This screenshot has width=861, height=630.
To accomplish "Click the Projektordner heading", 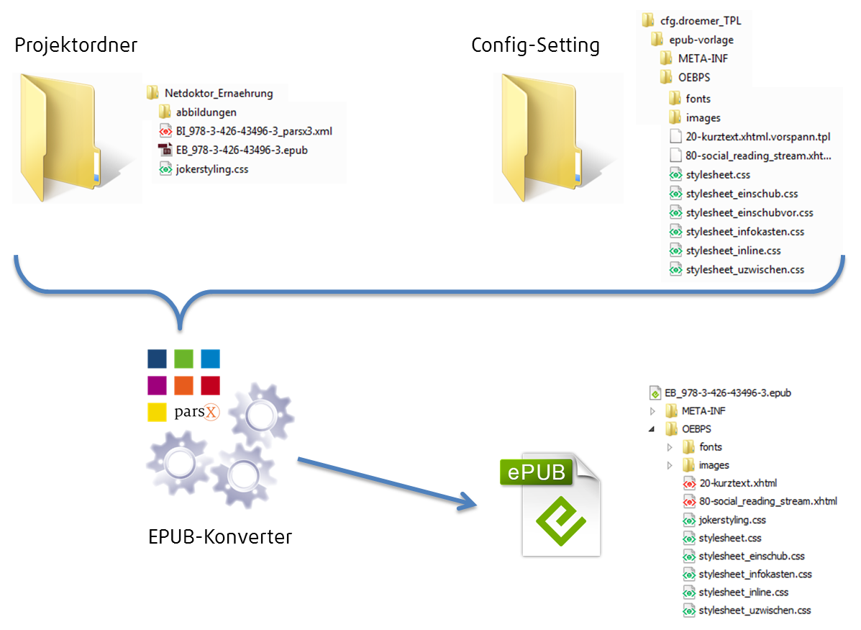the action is tap(76, 45).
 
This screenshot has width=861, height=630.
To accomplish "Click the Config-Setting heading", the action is tap(535, 45).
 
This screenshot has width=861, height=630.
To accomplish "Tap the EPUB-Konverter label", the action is tap(219, 536).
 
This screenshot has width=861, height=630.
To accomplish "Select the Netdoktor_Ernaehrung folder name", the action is tap(219, 93).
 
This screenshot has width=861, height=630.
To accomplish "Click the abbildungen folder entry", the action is tap(206, 112).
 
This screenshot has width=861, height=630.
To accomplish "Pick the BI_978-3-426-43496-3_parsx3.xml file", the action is tap(254, 131).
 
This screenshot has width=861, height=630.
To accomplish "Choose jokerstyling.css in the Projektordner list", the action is tap(212, 168).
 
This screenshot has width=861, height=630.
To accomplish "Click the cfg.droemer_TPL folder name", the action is tap(701, 20).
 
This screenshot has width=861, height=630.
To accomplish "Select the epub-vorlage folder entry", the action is tap(701, 40).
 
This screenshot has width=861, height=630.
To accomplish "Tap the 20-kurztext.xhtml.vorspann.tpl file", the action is tap(757, 136).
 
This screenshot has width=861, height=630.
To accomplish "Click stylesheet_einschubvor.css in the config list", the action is tap(750, 212).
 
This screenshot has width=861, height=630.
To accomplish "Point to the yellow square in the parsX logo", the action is tap(157, 413).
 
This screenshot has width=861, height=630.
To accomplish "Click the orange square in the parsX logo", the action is tap(183, 385).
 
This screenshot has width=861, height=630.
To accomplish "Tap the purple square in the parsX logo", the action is tap(157, 385).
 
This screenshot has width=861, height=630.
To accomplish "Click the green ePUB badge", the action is tap(537, 472).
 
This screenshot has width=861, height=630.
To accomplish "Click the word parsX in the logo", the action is tap(196, 411).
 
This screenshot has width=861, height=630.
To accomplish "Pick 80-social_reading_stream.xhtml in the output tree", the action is tap(767, 501).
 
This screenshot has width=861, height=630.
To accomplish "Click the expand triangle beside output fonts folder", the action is tap(670, 447).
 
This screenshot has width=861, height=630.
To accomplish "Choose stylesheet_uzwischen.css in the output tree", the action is tap(755, 610).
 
